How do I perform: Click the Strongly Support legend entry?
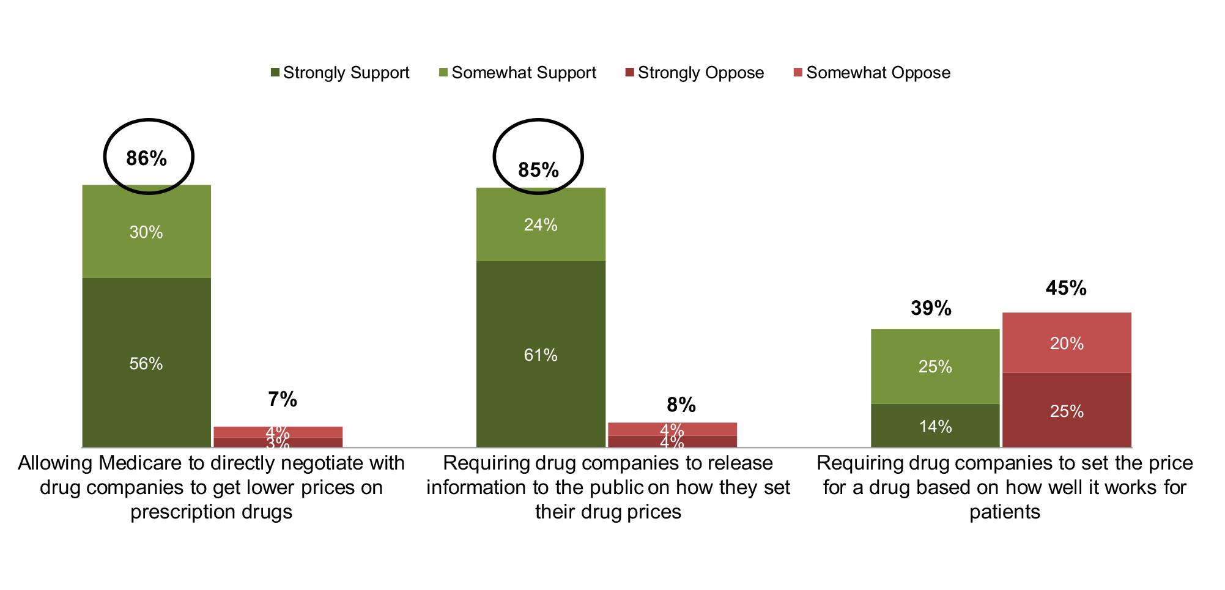pyautogui.click(x=340, y=73)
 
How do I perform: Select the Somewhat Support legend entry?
pyautogui.click(x=517, y=73)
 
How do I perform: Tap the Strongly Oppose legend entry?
pyautogui.click(x=695, y=73)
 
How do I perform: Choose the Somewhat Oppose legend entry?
pyautogui.click(x=872, y=73)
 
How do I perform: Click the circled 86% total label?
pyautogui.click(x=147, y=158)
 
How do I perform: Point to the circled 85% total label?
pyautogui.click(x=538, y=169)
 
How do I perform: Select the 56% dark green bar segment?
pyautogui.click(x=146, y=363)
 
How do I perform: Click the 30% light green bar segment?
pyautogui.click(x=146, y=232)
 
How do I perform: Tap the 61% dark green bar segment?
pyautogui.click(x=541, y=355)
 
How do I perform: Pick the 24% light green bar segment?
pyautogui.click(x=541, y=225)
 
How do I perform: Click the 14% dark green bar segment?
pyautogui.click(x=935, y=426)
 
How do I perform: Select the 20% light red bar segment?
pyautogui.click(x=1067, y=344)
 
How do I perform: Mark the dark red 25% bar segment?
pyautogui.click(x=1067, y=411)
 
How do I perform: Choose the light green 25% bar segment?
pyautogui.click(x=935, y=366)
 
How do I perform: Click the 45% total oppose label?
pyautogui.click(x=1065, y=288)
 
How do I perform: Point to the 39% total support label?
pyautogui.click(x=931, y=308)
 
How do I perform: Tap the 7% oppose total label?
pyautogui.click(x=283, y=400)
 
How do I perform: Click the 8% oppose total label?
pyautogui.click(x=681, y=404)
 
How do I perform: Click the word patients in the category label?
pyautogui.click(x=1004, y=512)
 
